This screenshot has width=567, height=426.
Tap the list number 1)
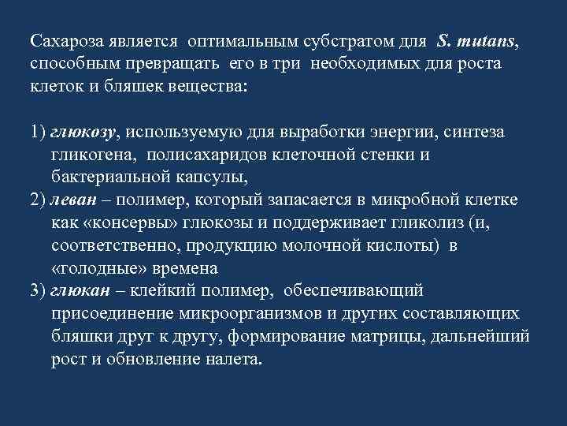[x=39, y=131]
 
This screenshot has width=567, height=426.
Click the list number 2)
[x=39, y=199]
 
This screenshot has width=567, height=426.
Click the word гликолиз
[x=425, y=222]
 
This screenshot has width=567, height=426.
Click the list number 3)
[x=39, y=290]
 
